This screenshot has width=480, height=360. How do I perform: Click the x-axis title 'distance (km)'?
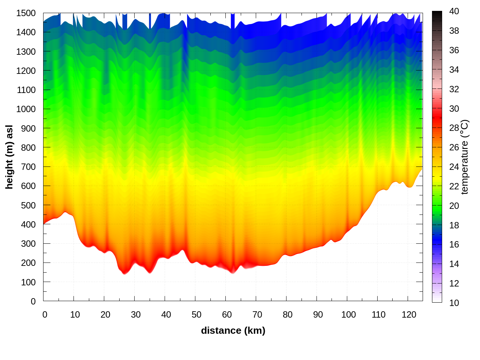pos(233,330)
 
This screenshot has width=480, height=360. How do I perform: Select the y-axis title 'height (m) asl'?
pos(9,157)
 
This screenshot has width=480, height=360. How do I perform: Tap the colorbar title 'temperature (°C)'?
pos(465,157)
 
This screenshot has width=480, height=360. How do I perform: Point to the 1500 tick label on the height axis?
pos(26,13)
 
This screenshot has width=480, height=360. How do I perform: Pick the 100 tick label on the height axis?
pos(28,282)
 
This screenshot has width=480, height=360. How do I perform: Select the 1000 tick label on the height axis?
pos(26,109)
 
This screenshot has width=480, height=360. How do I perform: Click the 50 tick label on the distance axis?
pos(196,315)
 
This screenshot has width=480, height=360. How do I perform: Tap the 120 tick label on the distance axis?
pos(409,315)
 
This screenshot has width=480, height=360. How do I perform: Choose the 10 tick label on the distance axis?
pos(75,315)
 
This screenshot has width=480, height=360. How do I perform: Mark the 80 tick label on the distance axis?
pos(288,315)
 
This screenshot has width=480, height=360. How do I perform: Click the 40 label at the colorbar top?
pos(454,11)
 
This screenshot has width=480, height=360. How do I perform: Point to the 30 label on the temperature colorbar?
pos(454,109)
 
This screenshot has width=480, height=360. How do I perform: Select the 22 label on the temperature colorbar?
pos(454,186)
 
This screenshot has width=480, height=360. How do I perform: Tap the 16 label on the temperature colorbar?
pos(454,244)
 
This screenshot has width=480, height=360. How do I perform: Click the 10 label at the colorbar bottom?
pos(454,303)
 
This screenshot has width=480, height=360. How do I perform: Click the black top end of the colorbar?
pos(437,15)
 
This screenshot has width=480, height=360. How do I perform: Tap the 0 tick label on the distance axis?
pos(45,315)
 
